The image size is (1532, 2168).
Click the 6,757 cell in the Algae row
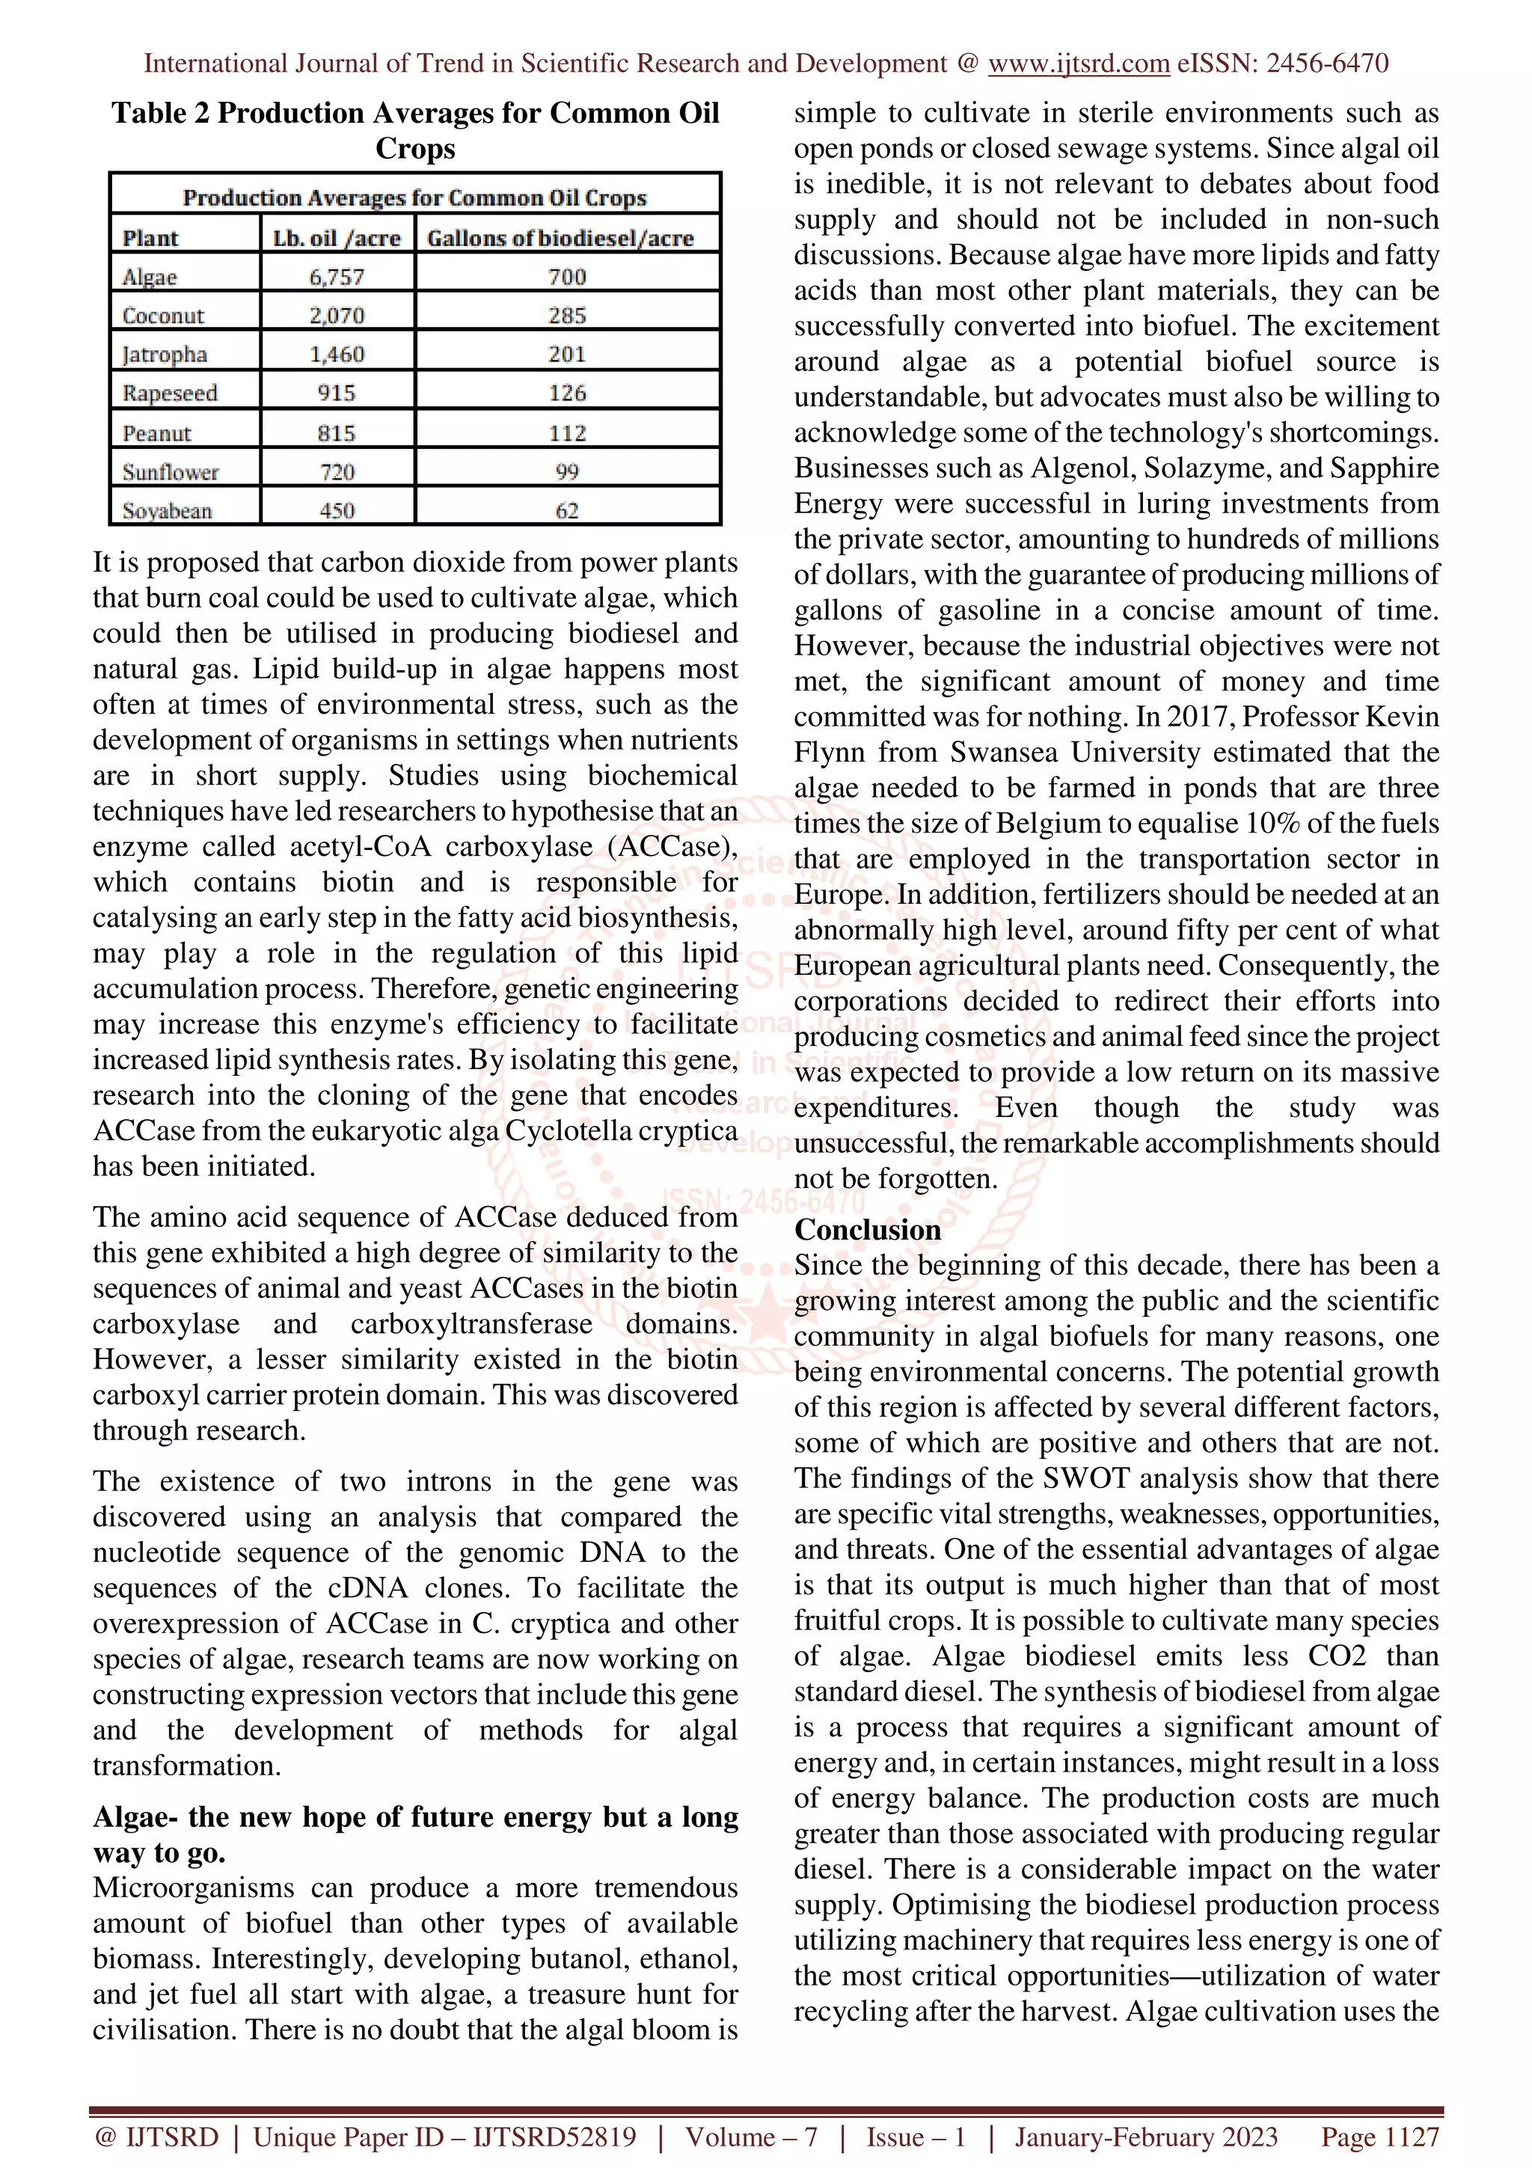pos(336,277)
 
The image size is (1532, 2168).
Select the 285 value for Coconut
pos(566,316)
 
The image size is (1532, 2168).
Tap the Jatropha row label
pos(165,354)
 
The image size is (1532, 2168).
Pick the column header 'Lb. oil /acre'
pos(336,238)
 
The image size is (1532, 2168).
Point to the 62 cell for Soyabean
pos(566,511)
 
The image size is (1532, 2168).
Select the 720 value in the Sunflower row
pos(336,471)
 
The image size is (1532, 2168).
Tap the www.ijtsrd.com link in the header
pos(1078,64)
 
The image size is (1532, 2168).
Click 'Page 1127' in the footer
pos(1379,2137)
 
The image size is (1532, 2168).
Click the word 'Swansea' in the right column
pos(1006,753)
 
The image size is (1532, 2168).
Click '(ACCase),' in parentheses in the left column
pos(671,847)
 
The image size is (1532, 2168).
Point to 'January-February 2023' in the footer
pos(1145,2137)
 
